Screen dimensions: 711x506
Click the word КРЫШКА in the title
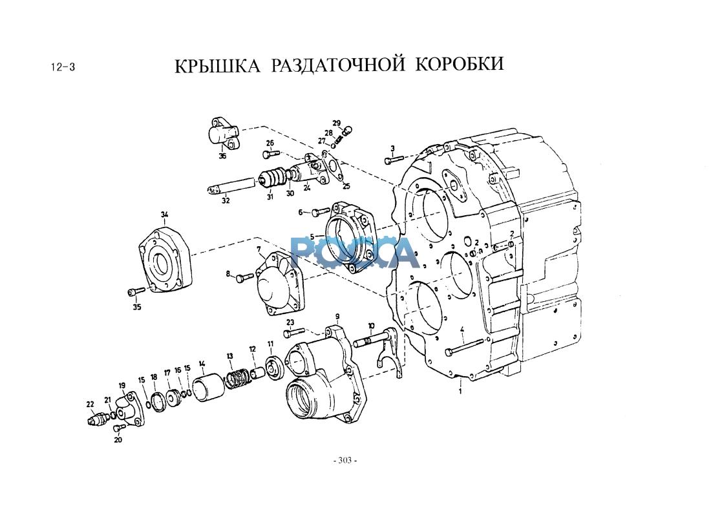click(x=218, y=65)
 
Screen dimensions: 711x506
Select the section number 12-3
click(x=63, y=67)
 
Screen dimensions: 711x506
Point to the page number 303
click(x=345, y=461)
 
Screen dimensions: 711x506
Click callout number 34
click(x=165, y=214)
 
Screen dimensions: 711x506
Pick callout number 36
click(x=222, y=156)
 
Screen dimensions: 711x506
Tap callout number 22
click(x=90, y=404)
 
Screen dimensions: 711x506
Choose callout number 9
click(x=337, y=316)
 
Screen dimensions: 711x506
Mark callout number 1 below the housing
click(x=461, y=391)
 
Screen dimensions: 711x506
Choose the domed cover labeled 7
click(x=279, y=284)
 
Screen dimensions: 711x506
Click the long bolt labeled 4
click(x=465, y=346)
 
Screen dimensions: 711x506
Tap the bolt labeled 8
click(x=246, y=277)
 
